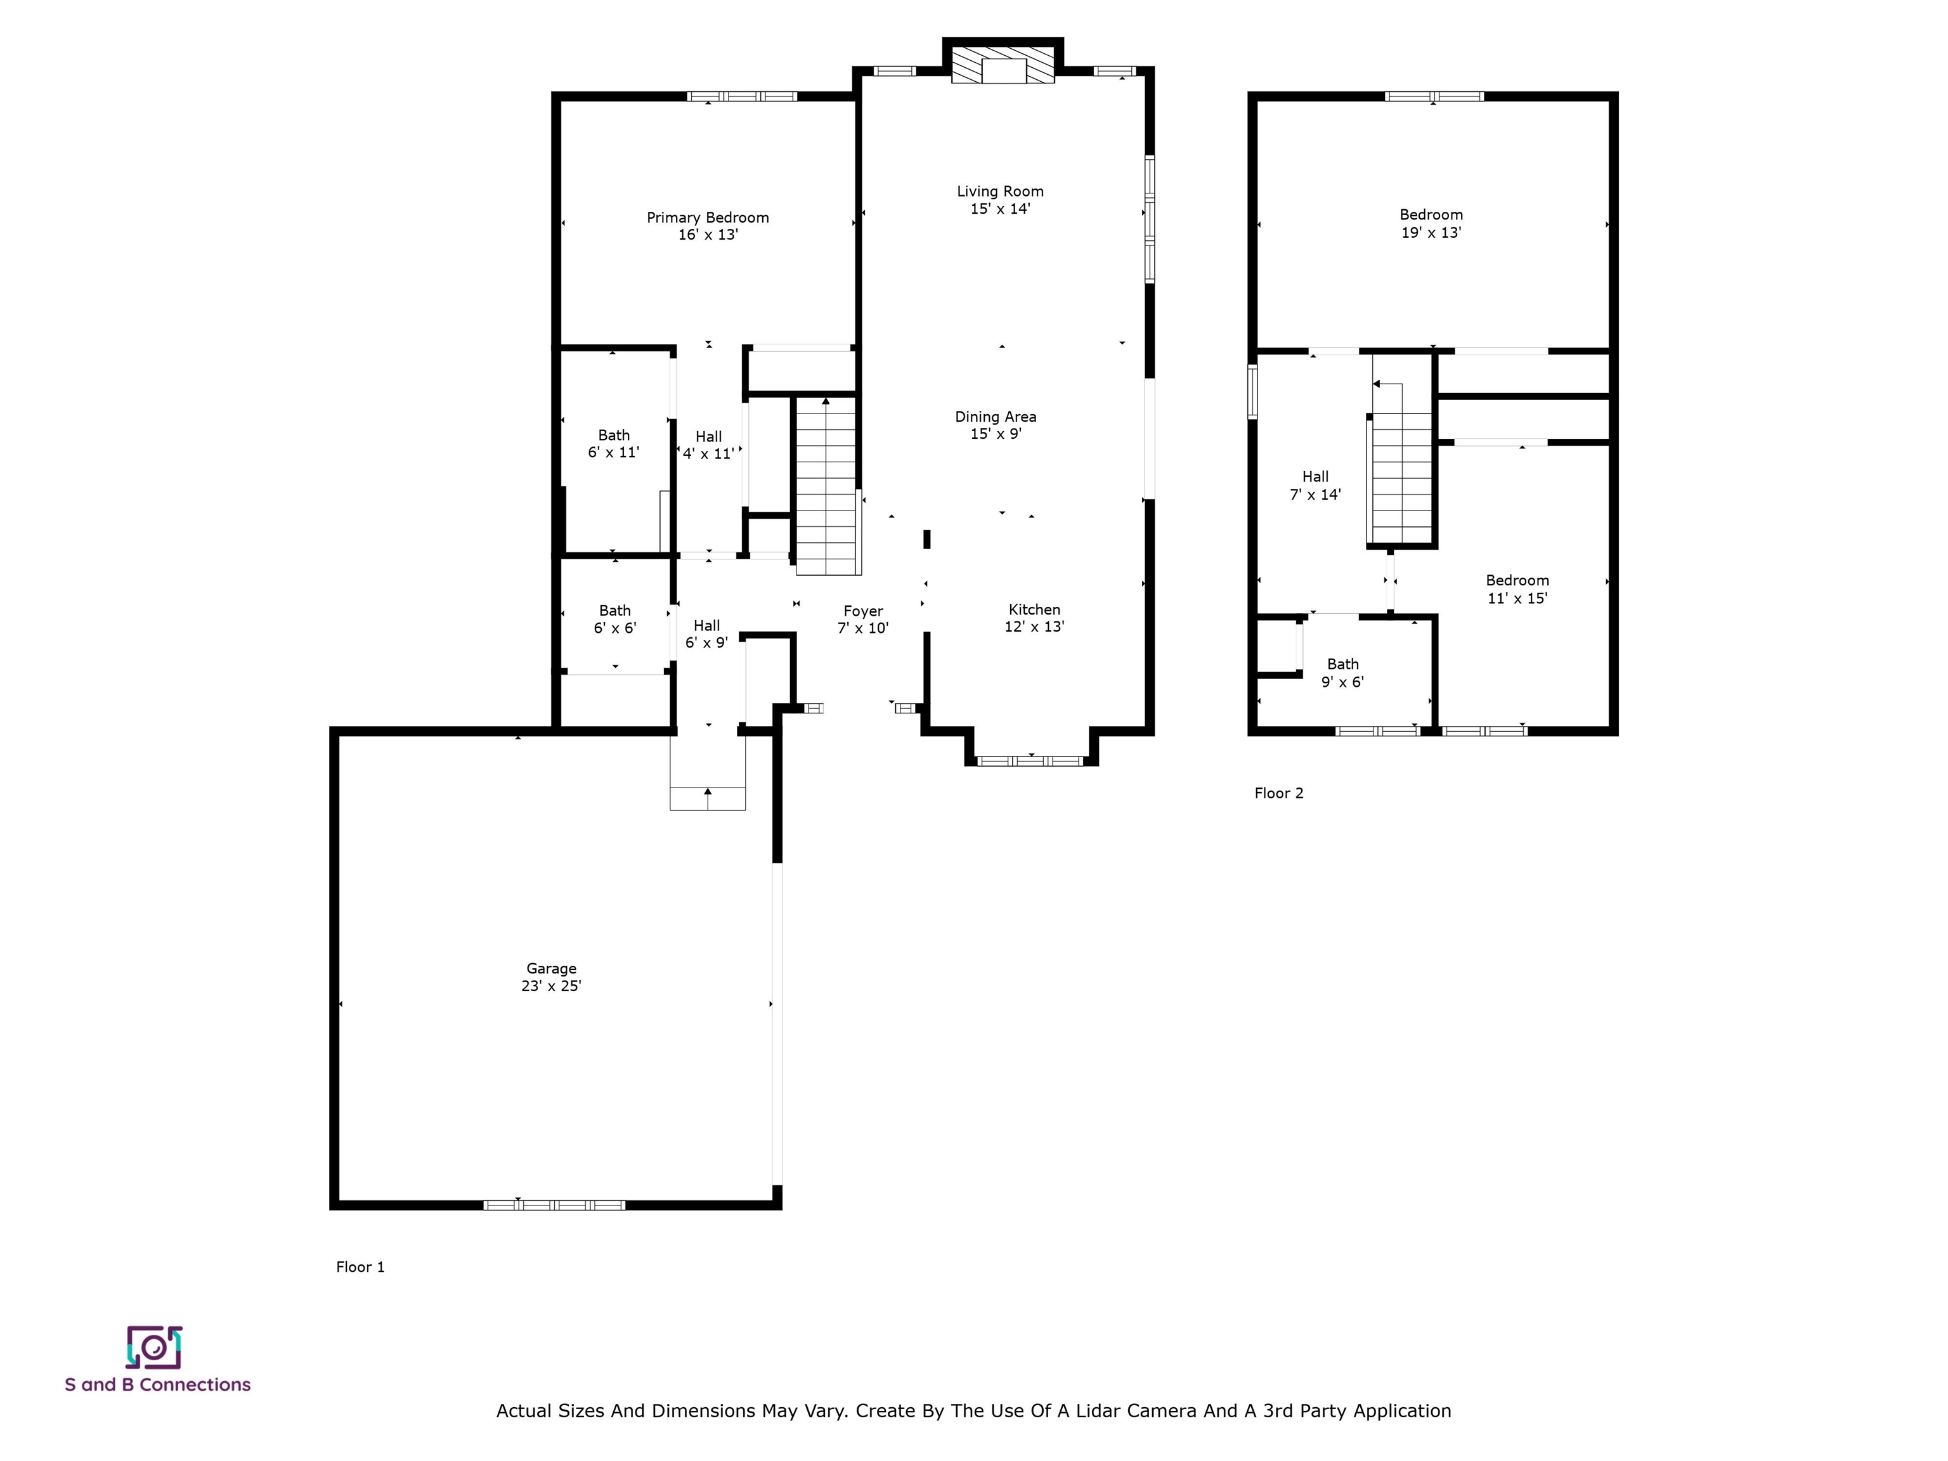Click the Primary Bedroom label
pos(707,226)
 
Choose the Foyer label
pos(862,619)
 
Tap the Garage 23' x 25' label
pos(550,977)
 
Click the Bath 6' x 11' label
pos(613,443)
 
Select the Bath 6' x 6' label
pos(614,618)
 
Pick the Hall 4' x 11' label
pos(708,445)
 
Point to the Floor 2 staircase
pos(1402,476)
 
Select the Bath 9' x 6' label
pos(1342,672)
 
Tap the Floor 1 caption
pos(360,1266)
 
